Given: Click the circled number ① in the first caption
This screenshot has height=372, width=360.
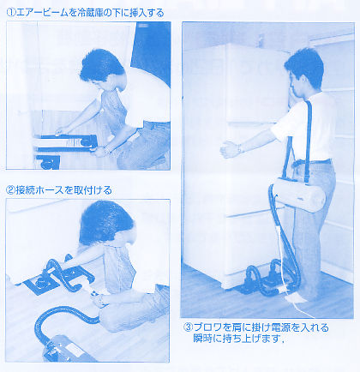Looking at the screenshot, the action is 11,13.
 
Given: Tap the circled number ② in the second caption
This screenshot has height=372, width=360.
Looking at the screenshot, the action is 10,190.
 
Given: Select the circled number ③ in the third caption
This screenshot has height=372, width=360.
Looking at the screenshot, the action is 188,327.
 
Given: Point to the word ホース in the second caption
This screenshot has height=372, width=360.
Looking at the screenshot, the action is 47,190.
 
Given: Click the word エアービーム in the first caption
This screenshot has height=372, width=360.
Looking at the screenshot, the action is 42,13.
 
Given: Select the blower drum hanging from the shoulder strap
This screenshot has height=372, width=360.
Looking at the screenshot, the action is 298,195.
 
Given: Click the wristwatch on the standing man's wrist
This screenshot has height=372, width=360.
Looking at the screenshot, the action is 240,147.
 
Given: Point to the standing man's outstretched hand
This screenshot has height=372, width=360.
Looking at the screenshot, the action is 228,149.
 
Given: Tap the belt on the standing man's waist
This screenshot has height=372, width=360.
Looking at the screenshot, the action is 310,163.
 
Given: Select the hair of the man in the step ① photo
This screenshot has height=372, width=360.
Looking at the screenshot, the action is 101,66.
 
